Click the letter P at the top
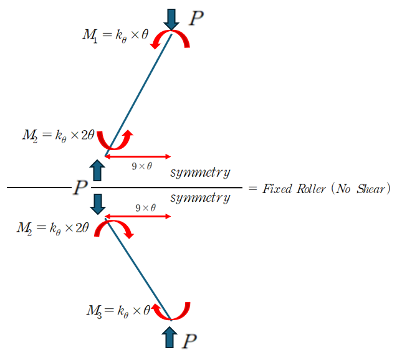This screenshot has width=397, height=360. pyautogui.click(x=196, y=18)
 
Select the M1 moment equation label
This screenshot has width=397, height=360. pyautogui.click(x=115, y=34)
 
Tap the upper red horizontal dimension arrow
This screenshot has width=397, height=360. pyautogui.click(x=138, y=156)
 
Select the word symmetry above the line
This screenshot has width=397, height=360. pyautogui.click(x=200, y=172)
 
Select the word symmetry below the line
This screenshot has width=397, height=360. pyautogui.click(x=200, y=197)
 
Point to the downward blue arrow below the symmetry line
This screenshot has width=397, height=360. pyautogui.click(x=97, y=203)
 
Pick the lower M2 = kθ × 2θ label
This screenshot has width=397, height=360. pyautogui.click(x=54, y=227)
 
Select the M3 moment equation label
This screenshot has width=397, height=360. pyautogui.click(x=118, y=310)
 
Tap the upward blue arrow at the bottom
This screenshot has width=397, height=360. pyautogui.click(x=169, y=337)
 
